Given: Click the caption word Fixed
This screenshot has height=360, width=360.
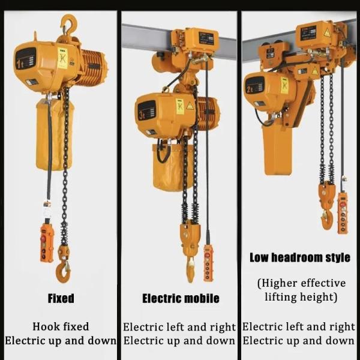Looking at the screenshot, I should pyautogui.click(x=61, y=298).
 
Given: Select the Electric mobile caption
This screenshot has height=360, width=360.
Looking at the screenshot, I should pyautogui.click(x=181, y=298).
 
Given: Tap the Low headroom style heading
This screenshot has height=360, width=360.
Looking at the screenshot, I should pyautogui.click(x=300, y=258).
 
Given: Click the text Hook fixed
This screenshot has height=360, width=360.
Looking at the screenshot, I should pyautogui.click(x=60, y=327).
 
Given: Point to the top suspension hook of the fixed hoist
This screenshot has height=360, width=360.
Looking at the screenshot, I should pyautogui.click(x=69, y=26).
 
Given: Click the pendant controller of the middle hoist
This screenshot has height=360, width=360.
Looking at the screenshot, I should pyautogui.click(x=208, y=262).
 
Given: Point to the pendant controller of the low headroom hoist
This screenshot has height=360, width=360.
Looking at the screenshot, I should pyautogui.click(x=343, y=213).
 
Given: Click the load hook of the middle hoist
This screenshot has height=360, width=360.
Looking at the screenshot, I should pyautogui.click(x=190, y=267).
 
